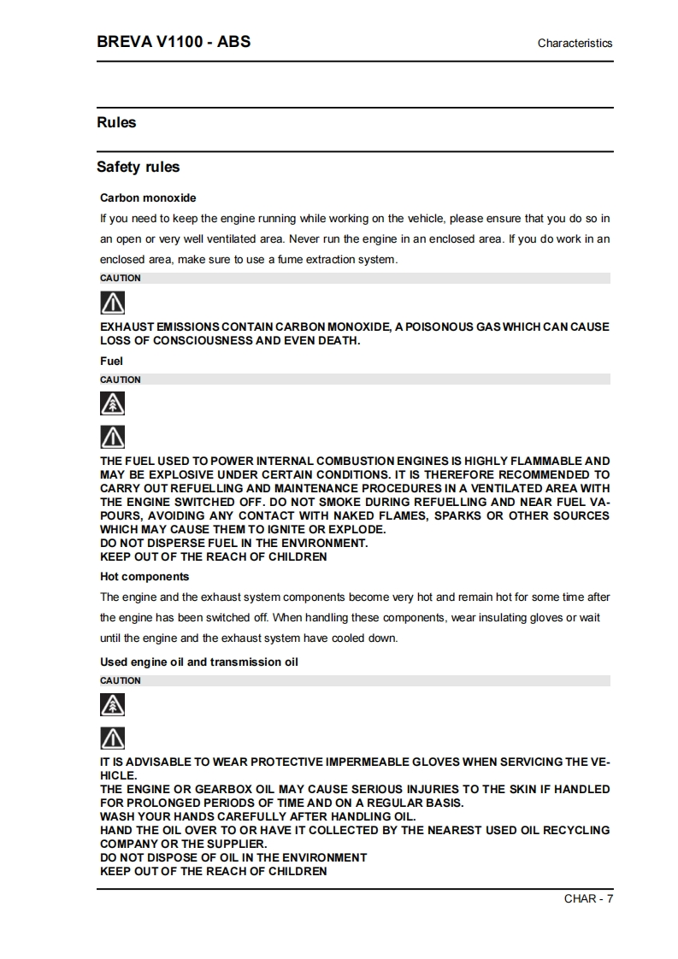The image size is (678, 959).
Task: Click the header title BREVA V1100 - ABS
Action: click(x=174, y=41)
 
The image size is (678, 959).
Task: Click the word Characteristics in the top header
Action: click(x=575, y=43)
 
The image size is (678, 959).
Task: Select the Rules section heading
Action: click(x=116, y=122)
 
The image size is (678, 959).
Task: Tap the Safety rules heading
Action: click(x=138, y=167)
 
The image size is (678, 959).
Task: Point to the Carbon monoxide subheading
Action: click(x=148, y=197)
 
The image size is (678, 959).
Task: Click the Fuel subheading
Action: click(x=111, y=361)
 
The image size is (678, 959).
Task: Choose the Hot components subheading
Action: click(x=144, y=576)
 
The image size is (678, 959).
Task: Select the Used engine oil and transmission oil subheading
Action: click(x=199, y=662)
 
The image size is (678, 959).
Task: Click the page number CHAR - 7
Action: click(x=588, y=897)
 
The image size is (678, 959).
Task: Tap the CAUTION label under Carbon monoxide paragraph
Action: click(x=121, y=278)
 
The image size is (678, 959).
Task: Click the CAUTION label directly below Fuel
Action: click(x=121, y=379)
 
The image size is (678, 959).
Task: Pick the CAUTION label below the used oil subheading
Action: click(x=121, y=680)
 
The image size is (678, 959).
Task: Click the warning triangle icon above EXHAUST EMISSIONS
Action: click(x=113, y=302)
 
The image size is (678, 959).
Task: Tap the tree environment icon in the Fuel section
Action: click(x=113, y=403)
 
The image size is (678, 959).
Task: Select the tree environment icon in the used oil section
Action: click(x=113, y=704)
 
